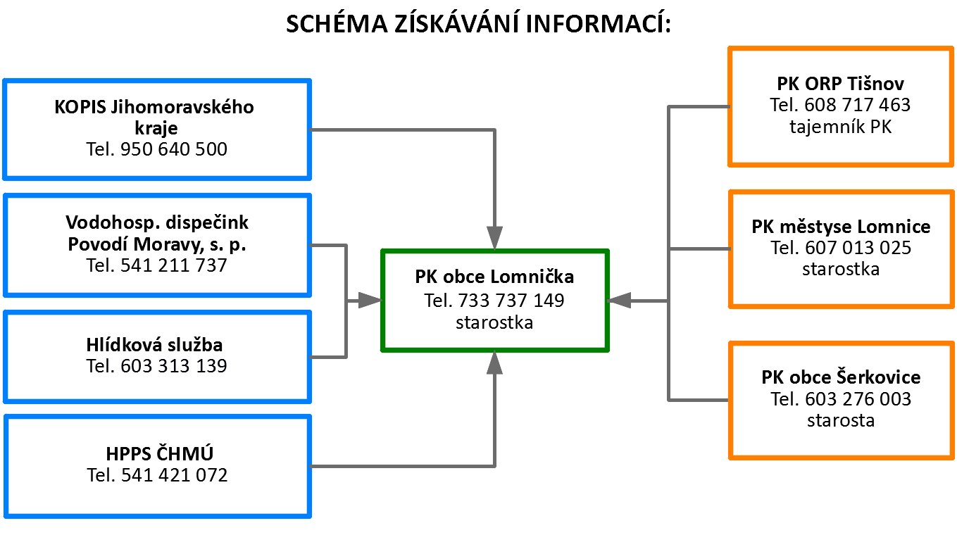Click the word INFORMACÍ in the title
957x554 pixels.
pos(599,24)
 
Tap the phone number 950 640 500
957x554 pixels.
pos(174,149)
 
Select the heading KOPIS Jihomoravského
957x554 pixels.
pos(154,107)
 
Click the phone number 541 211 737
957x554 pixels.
pos(174,265)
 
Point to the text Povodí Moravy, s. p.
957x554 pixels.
pos(157,244)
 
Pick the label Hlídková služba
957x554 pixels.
pos(154,345)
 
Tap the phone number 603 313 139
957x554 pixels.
pos(174,366)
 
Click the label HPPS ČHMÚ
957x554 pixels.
pos(160,453)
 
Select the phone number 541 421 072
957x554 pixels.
pos(175,475)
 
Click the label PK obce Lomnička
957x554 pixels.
pos(494,277)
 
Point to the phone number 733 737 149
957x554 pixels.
pos(511,301)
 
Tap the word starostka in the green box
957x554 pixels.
pos(494,322)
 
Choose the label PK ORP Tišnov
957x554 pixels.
pos(840,84)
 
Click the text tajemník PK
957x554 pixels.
pos(840,127)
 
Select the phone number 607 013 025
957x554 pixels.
pos(858,248)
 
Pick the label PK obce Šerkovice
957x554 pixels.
pos(841,377)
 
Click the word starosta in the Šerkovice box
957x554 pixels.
pos(841,421)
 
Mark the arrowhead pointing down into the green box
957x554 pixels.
pos(494,237)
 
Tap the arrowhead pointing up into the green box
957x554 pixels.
pos(494,363)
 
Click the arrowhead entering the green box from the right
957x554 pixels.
pos(619,301)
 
